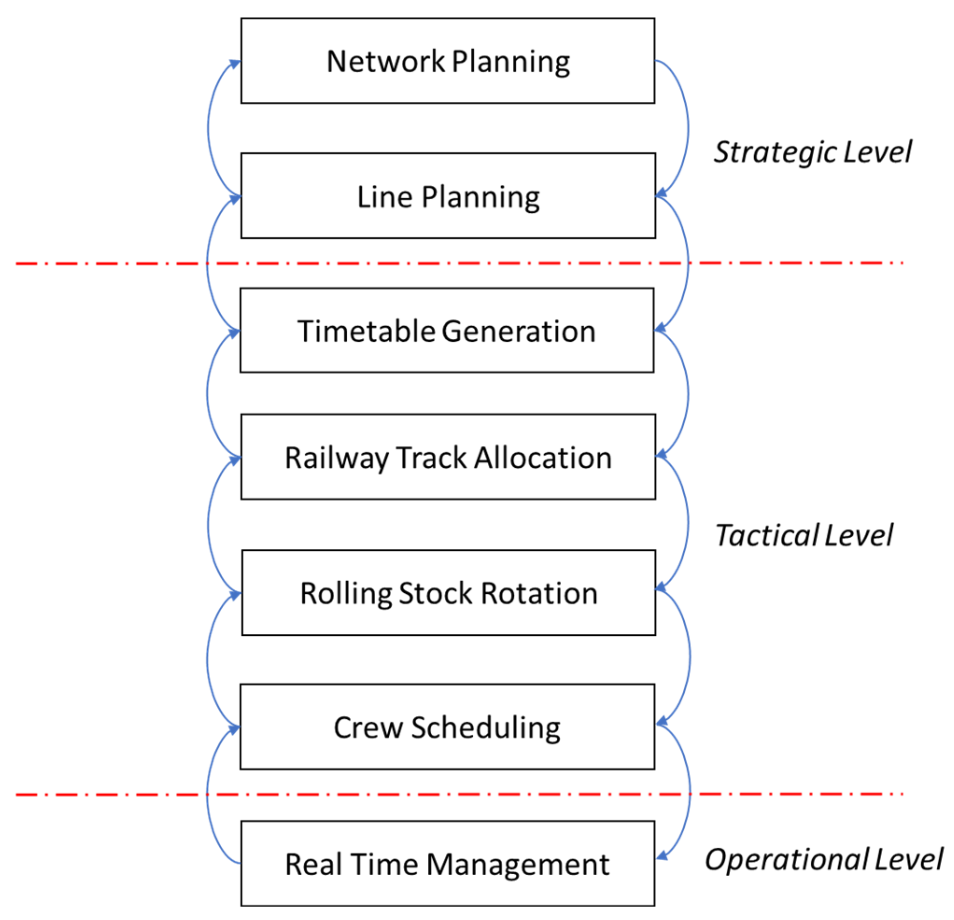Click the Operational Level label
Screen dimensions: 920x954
pos(824,859)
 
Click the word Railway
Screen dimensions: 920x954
pos(337,458)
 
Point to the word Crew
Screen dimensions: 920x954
pos(368,728)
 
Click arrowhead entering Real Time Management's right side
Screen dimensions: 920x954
pos(661,856)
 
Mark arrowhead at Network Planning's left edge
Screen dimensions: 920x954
pos(235,64)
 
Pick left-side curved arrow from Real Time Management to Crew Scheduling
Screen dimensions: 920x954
pos(208,798)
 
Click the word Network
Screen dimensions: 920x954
pos(386,61)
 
